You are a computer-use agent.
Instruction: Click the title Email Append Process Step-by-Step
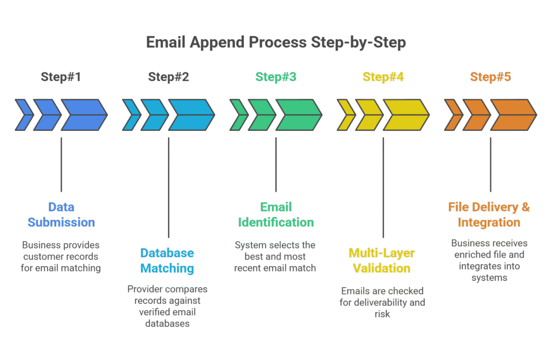276,43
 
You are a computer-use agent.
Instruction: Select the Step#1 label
61,77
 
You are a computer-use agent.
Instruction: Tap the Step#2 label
168,77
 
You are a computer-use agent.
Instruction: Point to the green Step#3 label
275,77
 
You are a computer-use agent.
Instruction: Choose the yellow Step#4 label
383,77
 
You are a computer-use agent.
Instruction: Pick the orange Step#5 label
490,77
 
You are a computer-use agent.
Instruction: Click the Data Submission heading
61,214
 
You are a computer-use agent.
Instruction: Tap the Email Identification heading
275,214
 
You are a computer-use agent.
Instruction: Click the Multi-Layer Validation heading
383,260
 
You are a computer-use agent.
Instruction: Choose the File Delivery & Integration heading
489,214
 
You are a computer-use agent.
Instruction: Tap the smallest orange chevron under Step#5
452,115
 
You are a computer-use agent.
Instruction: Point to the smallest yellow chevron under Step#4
345,115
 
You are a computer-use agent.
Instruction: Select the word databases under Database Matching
167,323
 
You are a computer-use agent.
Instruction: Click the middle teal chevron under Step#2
154,115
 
